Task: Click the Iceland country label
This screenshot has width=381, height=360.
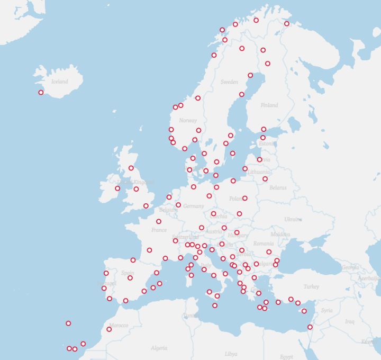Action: [x=59, y=82]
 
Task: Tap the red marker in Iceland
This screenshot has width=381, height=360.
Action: [x=41, y=93]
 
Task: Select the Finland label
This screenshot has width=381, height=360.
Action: [x=269, y=105]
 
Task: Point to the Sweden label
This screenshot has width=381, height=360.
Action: [x=229, y=82]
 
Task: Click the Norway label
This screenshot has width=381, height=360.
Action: [x=188, y=121]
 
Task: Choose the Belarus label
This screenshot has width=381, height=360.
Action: [x=277, y=187]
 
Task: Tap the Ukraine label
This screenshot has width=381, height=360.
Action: [x=293, y=219]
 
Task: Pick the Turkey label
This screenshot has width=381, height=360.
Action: [x=311, y=286]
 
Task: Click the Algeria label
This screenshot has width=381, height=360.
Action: [x=159, y=348]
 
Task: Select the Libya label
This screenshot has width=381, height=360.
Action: [x=231, y=354]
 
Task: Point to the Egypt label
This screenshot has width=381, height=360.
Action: [x=286, y=356]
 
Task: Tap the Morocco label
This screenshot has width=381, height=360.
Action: [x=119, y=325]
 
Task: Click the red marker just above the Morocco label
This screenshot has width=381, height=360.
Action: [x=109, y=329]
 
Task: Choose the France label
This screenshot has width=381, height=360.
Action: [x=159, y=230]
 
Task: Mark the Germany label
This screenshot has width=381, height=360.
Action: [x=193, y=206]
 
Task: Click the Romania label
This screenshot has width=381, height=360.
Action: [x=263, y=244]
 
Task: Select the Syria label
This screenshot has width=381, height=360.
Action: [x=326, y=310]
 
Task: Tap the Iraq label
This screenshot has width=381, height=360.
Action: [x=349, y=321]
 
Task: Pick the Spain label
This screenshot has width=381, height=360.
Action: [x=128, y=273]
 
